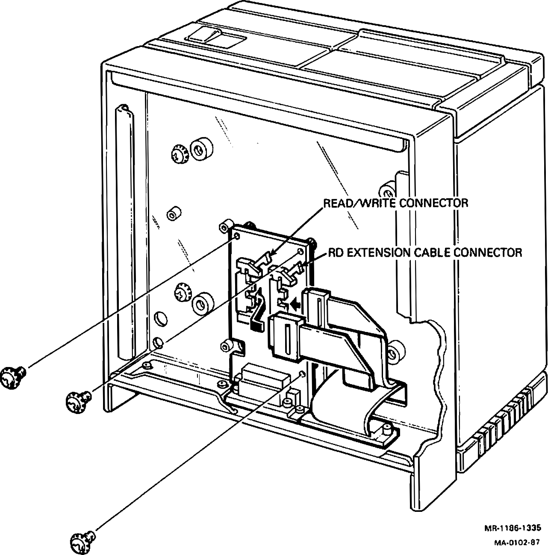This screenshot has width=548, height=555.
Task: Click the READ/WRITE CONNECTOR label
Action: (395, 203)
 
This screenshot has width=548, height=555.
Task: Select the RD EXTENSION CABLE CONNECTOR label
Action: (425, 253)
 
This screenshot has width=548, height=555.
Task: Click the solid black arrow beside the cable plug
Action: (295, 304)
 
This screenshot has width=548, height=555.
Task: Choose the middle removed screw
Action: (78, 399)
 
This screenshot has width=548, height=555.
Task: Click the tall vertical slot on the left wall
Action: (123, 231)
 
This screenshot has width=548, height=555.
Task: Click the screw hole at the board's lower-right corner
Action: (303, 374)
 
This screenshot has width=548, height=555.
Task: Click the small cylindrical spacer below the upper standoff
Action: (173, 214)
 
